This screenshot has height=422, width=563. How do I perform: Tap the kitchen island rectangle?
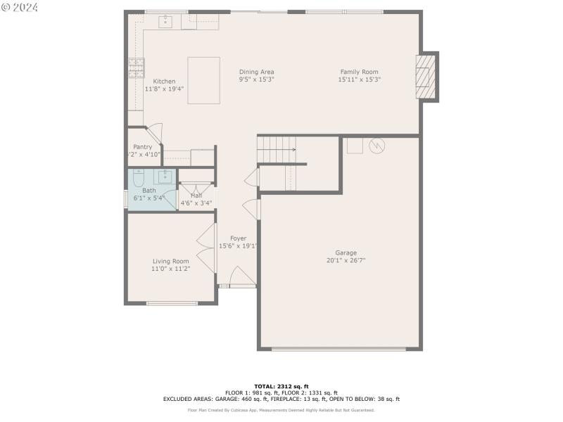tap(203, 80)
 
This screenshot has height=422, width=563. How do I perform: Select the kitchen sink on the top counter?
tap(165, 22)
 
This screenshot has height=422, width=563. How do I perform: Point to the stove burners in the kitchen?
tap(135, 68)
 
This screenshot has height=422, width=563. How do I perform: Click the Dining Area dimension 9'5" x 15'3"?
tap(256, 80)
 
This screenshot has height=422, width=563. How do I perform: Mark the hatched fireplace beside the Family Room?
tap(424, 77)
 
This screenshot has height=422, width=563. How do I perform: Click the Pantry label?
tap(142, 147)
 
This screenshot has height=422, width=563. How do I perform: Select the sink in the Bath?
tap(165, 176)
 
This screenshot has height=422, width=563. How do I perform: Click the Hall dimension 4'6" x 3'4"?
tap(196, 203)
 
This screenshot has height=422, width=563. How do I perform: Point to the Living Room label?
tap(170, 261)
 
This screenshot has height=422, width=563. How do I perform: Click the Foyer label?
tap(238, 238)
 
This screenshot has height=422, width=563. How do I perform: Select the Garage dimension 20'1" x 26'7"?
tap(346, 260)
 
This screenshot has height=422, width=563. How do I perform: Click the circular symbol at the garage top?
tap(377, 145)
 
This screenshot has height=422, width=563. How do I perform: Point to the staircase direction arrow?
tap(291, 149)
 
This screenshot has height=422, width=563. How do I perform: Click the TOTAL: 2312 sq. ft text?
tap(281, 386)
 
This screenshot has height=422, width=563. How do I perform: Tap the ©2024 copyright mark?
tap(20, 7)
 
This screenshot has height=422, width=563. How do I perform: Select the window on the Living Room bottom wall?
tap(172, 303)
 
